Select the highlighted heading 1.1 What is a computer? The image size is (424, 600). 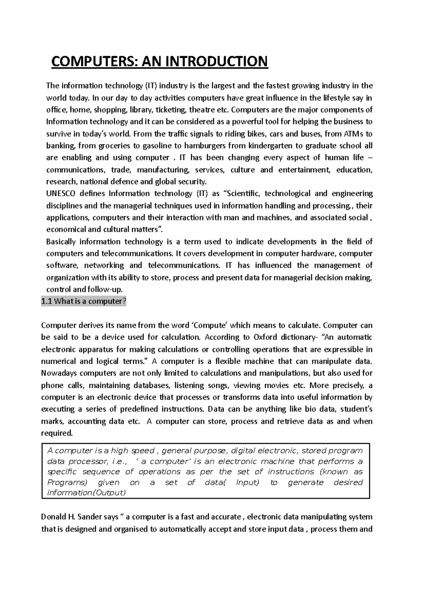point(83,301)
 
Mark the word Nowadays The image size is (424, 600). point(58,373)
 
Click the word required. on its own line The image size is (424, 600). point(57,433)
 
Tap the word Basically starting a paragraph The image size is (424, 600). point(61,242)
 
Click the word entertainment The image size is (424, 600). point(304,170)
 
